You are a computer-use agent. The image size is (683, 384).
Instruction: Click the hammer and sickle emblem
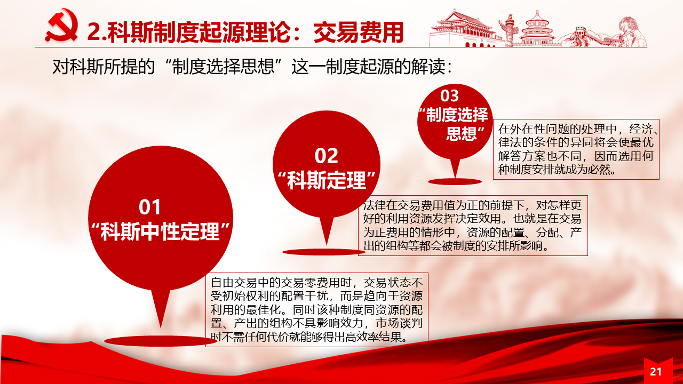(62, 26)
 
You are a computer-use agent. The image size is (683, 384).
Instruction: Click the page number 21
(656, 372)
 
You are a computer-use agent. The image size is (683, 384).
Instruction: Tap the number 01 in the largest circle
(149, 207)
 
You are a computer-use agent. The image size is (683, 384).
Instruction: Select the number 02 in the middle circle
(326, 156)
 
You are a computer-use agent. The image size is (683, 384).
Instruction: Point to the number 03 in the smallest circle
(449, 96)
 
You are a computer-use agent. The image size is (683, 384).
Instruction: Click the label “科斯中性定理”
(161, 231)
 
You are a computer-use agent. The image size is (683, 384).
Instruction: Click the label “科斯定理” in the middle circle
(327, 180)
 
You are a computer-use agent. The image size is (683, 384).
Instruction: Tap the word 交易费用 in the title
(359, 33)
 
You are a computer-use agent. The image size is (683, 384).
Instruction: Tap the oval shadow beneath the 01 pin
(161, 341)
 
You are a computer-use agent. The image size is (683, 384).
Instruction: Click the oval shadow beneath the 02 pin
(324, 252)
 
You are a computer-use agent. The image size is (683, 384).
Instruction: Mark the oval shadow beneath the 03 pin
(455, 182)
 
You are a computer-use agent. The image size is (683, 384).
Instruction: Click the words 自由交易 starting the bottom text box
(234, 283)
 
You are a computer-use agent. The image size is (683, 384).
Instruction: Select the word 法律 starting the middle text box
(375, 205)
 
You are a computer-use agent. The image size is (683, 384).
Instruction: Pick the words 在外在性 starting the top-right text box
(521, 129)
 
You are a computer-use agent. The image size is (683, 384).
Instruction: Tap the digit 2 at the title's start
(93, 33)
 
